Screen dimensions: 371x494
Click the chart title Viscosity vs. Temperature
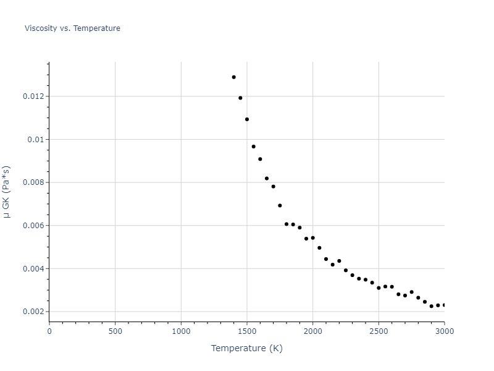[x=72, y=28]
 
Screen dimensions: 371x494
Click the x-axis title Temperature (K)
[x=246, y=348]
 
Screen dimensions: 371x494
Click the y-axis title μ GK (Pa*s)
[x=7, y=192]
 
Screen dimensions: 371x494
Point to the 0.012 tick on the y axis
[x=33, y=96]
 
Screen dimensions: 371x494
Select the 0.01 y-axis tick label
[x=36, y=140]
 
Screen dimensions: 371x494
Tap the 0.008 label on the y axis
[x=33, y=182]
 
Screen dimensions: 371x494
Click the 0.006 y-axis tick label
[x=33, y=226]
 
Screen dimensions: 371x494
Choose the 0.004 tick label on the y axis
[x=33, y=269]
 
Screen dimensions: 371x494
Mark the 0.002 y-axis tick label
[x=33, y=312]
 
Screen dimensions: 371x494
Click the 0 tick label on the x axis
[x=49, y=331]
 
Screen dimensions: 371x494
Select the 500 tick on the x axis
[x=115, y=331]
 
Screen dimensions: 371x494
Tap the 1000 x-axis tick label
[x=181, y=331]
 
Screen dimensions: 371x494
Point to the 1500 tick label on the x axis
[x=247, y=331]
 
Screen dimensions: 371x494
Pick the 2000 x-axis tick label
[x=312, y=331]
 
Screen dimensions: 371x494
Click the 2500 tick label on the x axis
[x=379, y=331]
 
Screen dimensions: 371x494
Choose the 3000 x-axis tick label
[x=444, y=331]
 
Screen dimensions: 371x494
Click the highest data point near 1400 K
[x=233, y=77]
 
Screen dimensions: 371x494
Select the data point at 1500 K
[x=247, y=119]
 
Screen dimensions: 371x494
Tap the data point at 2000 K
[x=312, y=238]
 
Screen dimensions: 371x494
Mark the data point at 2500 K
[x=379, y=288]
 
